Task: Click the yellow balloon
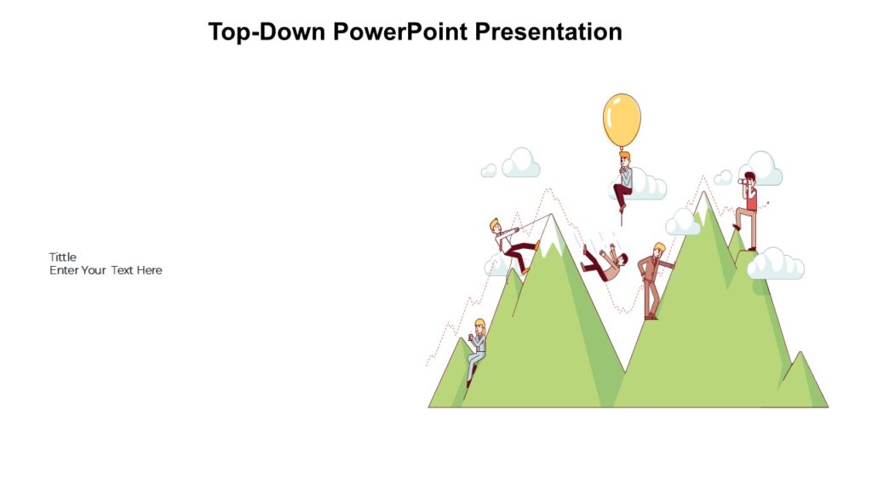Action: click(x=622, y=119)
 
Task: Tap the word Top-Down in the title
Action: click(x=267, y=32)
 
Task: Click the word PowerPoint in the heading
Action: click(x=399, y=32)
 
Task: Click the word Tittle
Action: click(x=63, y=257)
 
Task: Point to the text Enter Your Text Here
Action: click(x=106, y=270)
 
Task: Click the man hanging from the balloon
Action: click(x=623, y=181)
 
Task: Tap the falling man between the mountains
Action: click(x=604, y=261)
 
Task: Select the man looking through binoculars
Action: click(x=748, y=209)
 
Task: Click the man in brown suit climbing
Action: click(x=653, y=278)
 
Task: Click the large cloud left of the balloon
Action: click(x=520, y=164)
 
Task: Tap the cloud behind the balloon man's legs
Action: click(x=647, y=186)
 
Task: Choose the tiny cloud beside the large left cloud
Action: click(x=489, y=170)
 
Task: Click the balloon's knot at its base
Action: click(x=622, y=148)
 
